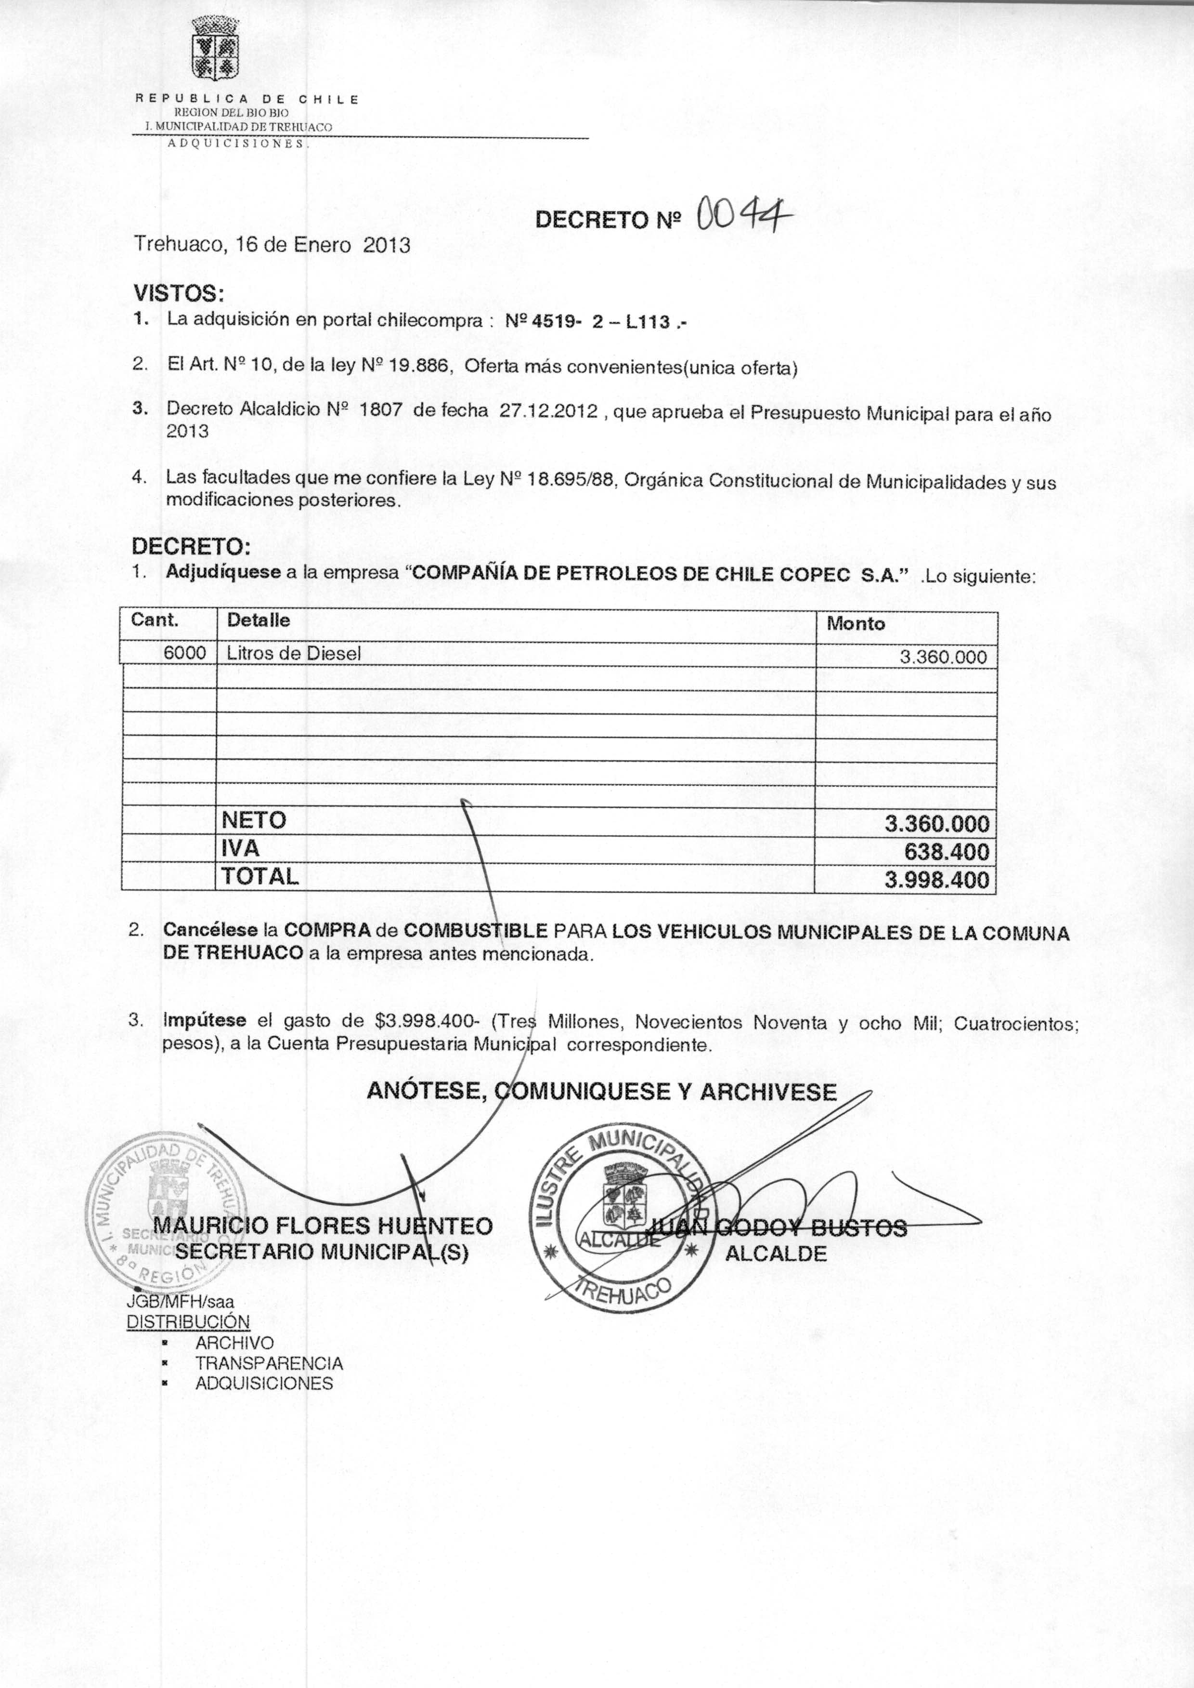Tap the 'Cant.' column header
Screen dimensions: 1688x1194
click(155, 620)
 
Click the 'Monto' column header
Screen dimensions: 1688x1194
click(856, 624)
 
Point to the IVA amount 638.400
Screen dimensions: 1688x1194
click(946, 852)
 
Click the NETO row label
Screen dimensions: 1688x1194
click(254, 820)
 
